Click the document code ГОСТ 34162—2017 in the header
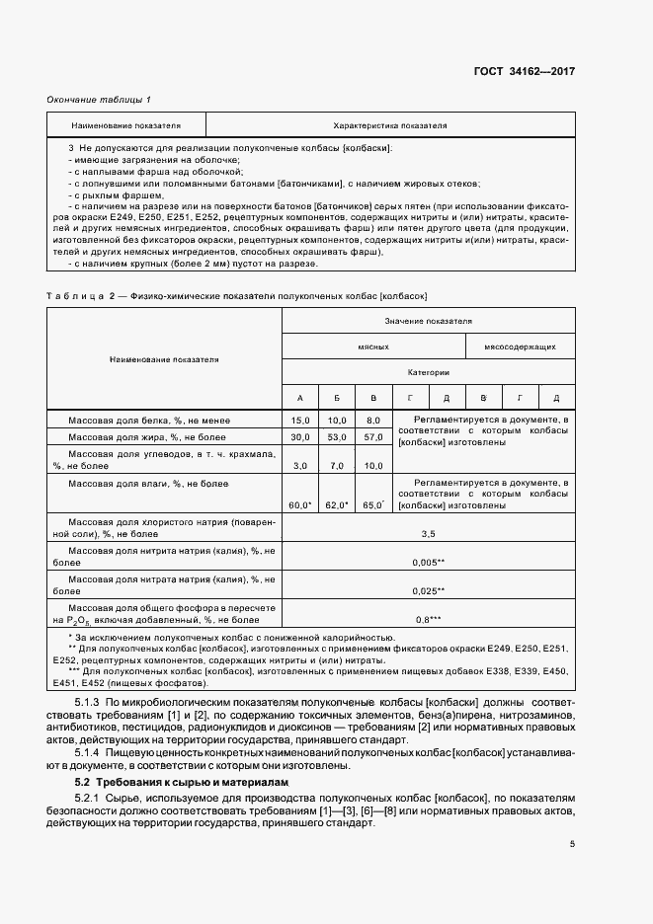pyautogui.click(x=524, y=72)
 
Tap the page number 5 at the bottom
pyautogui.click(x=572, y=843)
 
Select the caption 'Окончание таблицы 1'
pyautogui.click(x=99, y=100)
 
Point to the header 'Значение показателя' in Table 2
pyautogui.click(x=428, y=321)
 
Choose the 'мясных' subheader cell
pyautogui.click(x=372, y=346)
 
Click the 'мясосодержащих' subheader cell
pyautogui.click(x=520, y=346)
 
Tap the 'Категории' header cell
pyautogui.click(x=428, y=372)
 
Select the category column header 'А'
pyautogui.click(x=299, y=398)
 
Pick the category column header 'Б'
pyautogui.click(x=337, y=398)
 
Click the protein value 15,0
pyautogui.click(x=299, y=421)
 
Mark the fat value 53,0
pyautogui.click(x=337, y=436)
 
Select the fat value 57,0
pyautogui.click(x=373, y=436)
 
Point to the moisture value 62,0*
pyautogui.click(x=337, y=505)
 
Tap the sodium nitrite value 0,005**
pyautogui.click(x=429, y=562)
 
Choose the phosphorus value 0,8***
pyautogui.click(x=429, y=619)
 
